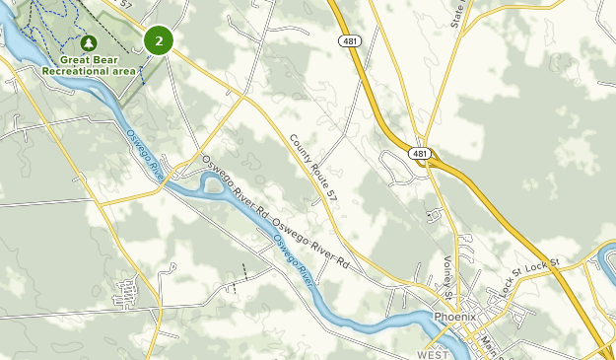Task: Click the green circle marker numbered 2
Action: click(159, 40)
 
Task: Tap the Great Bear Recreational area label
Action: click(88, 65)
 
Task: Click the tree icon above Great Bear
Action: click(89, 44)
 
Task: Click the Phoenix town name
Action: click(455, 317)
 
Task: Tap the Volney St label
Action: click(447, 278)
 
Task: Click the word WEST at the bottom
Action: click(432, 353)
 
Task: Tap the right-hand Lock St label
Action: click(542, 265)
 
